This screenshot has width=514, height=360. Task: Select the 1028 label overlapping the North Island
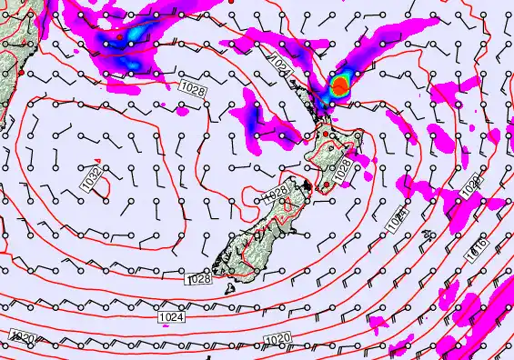click(342, 169)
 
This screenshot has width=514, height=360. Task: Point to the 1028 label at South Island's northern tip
click(276, 195)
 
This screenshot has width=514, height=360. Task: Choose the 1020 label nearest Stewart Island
click(278, 339)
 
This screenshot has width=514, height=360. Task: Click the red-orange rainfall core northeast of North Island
click(338, 86)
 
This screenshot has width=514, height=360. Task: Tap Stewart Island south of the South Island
click(231, 289)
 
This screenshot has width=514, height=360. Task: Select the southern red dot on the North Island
click(324, 185)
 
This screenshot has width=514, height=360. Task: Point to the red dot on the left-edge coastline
click(19, 71)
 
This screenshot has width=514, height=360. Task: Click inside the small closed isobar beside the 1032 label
click(104, 185)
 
